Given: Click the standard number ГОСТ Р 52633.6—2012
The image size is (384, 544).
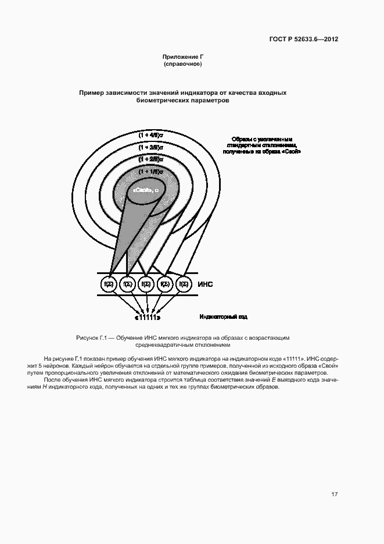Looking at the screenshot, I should (303, 40).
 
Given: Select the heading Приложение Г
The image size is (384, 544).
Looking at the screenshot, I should (182, 57).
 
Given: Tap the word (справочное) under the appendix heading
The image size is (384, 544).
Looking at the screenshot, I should (182, 64).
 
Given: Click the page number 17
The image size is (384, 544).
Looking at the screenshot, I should (335, 495).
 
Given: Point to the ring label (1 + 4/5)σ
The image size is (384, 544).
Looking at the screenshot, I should (151, 135).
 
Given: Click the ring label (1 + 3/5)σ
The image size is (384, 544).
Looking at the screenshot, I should (151, 147).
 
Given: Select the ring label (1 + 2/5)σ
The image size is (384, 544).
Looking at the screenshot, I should (151, 158).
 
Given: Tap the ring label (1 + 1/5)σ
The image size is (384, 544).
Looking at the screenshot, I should (151, 172).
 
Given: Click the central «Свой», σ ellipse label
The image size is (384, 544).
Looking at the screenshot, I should (146, 190).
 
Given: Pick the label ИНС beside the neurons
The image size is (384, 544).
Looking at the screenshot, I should (206, 284).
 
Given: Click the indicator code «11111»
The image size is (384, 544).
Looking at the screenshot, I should (148, 318).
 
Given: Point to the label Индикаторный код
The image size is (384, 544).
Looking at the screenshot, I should (224, 317).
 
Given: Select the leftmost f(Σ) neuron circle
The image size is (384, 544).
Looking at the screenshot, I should (109, 284).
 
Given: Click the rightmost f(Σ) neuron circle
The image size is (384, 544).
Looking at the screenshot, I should (184, 284).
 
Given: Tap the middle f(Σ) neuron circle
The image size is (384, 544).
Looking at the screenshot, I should (146, 284).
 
